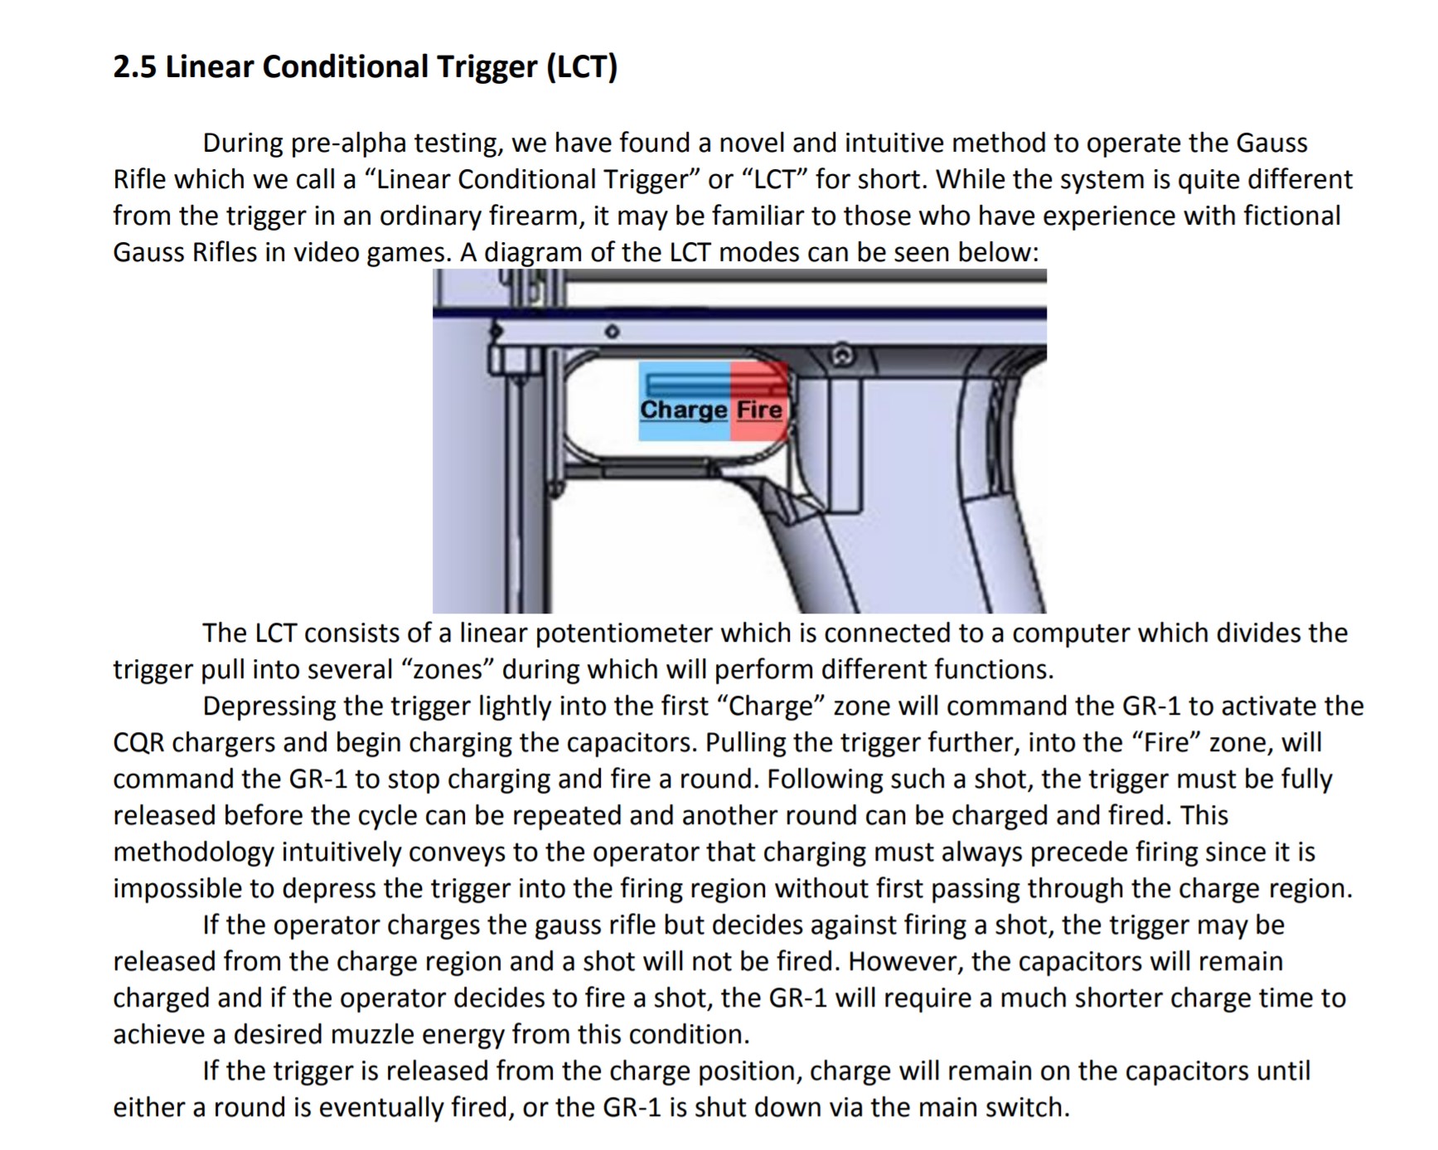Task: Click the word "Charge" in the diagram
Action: click(x=684, y=410)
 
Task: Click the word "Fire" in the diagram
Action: click(x=759, y=410)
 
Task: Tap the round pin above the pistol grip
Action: click(x=842, y=356)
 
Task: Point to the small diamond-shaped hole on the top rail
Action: click(x=612, y=332)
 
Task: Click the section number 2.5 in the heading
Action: click(x=134, y=66)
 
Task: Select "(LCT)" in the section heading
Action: click(x=582, y=66)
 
